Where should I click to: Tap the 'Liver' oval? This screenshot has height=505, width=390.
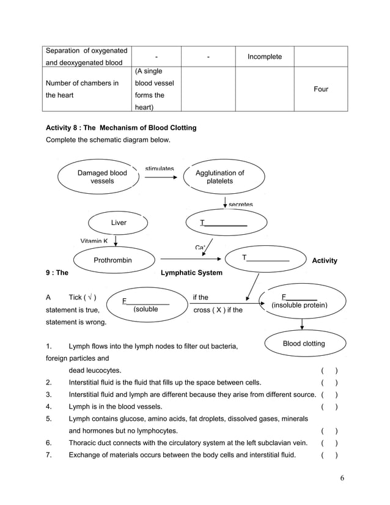click(119, 223)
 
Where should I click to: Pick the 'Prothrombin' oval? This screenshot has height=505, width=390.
click(112, 260)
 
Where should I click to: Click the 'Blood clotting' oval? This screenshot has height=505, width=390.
click(304, 344)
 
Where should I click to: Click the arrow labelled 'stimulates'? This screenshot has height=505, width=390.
click(160, 177)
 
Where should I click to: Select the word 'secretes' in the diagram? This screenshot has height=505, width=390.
click(241, 205)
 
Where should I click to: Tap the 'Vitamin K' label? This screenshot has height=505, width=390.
click(94, 241)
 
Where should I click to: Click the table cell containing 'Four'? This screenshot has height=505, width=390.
click(320, 89)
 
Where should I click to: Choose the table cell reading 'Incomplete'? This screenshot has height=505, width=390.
click(264, 57)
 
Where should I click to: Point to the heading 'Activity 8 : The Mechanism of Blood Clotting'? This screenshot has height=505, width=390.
click(122, 128)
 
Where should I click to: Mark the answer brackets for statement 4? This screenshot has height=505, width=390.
click(329, 407)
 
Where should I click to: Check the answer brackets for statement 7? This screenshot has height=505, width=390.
click(329, 454)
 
